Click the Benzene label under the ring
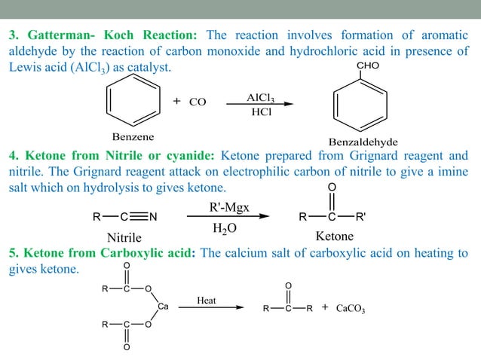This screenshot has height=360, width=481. pyautogui.click(x=133, y=137)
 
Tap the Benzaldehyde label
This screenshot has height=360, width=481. pyautogui.click(x=363, y=142)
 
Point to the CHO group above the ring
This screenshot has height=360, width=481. pyautogui.click(x=366, y=66)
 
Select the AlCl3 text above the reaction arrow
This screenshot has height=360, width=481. pyautogui.click(x=261, y=98)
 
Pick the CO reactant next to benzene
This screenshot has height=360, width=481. pyautogui.click(x=198, y=102)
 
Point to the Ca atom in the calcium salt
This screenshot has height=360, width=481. pyautogui.click(x=164, y=305)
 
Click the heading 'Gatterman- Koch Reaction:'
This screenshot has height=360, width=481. pyautogui.click(x=105, y=35)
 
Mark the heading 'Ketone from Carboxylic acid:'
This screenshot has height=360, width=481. pyautogui.click(x=103, y=252)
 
